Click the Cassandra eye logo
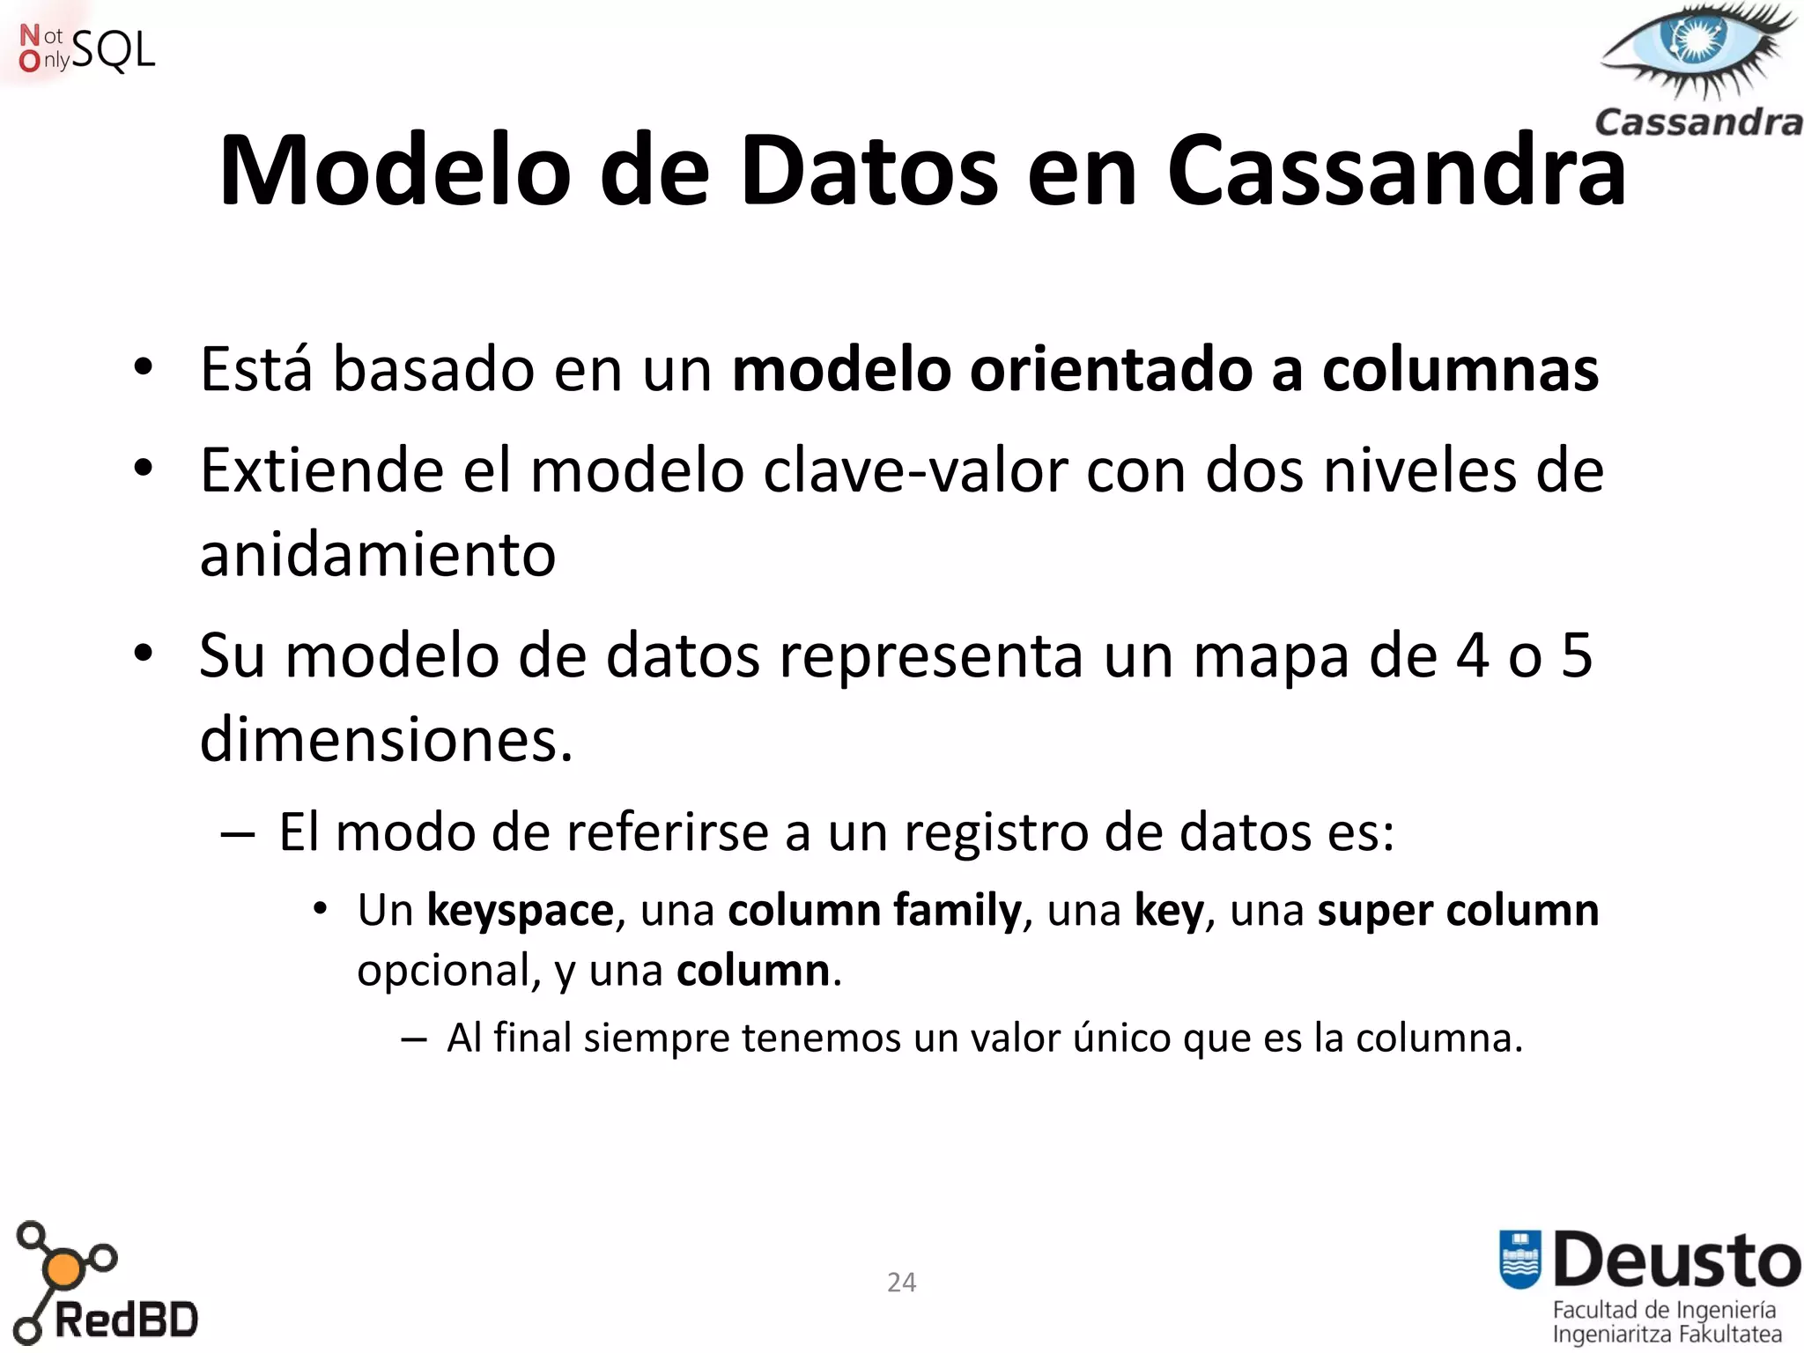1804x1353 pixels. [1698, 53]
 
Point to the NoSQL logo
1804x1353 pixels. [86, 48]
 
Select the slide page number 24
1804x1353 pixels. [901, 1282]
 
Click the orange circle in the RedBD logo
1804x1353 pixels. [63, 1269]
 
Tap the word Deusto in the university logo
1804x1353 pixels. [1676, 1261]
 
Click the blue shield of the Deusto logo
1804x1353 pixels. [1519, 1259]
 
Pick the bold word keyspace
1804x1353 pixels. [520, 910]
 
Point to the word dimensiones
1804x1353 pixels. [386, 739]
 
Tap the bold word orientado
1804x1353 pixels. [1111, 369]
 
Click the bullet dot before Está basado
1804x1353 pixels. [144, 367]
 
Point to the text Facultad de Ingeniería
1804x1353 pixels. [1664, 1310]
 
